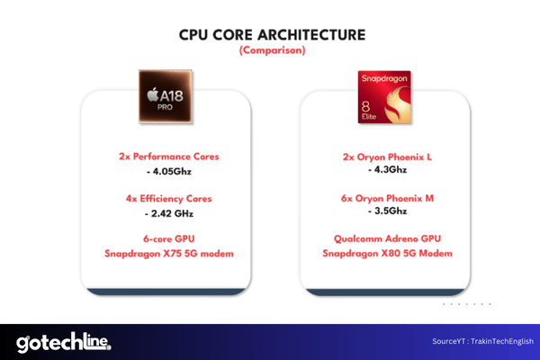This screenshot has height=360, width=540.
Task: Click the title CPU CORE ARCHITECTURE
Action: [272, 35]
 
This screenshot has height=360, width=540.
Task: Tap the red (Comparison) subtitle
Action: [272, 50]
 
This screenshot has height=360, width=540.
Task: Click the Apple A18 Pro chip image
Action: [166, 96]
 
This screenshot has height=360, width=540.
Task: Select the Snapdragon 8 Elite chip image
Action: [384, 97]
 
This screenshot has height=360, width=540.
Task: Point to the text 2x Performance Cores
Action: [169, 157]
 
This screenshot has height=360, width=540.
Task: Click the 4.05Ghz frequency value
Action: [169, 171]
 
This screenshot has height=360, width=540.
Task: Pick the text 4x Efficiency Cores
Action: [169, 199]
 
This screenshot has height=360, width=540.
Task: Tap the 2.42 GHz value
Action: [169, 213]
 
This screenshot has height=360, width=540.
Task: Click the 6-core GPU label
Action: [169, 238]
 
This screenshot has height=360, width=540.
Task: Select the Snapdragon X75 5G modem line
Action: [169, 254]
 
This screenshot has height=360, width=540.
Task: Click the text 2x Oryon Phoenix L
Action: [387, 157]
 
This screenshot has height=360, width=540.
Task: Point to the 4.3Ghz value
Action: [387, 169]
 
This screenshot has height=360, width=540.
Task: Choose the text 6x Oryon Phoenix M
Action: [387, 198]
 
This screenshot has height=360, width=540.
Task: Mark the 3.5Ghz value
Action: [387, 211]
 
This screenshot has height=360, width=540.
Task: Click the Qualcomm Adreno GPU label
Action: [387, 238]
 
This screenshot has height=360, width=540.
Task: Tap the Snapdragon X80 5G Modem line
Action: [387, 253]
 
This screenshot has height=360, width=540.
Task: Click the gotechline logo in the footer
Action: [64, 342]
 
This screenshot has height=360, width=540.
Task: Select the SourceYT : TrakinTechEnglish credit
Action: [482, 341]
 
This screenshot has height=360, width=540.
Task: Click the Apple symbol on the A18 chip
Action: [153, 94]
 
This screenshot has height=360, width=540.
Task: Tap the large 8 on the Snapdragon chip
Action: [365, 107]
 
